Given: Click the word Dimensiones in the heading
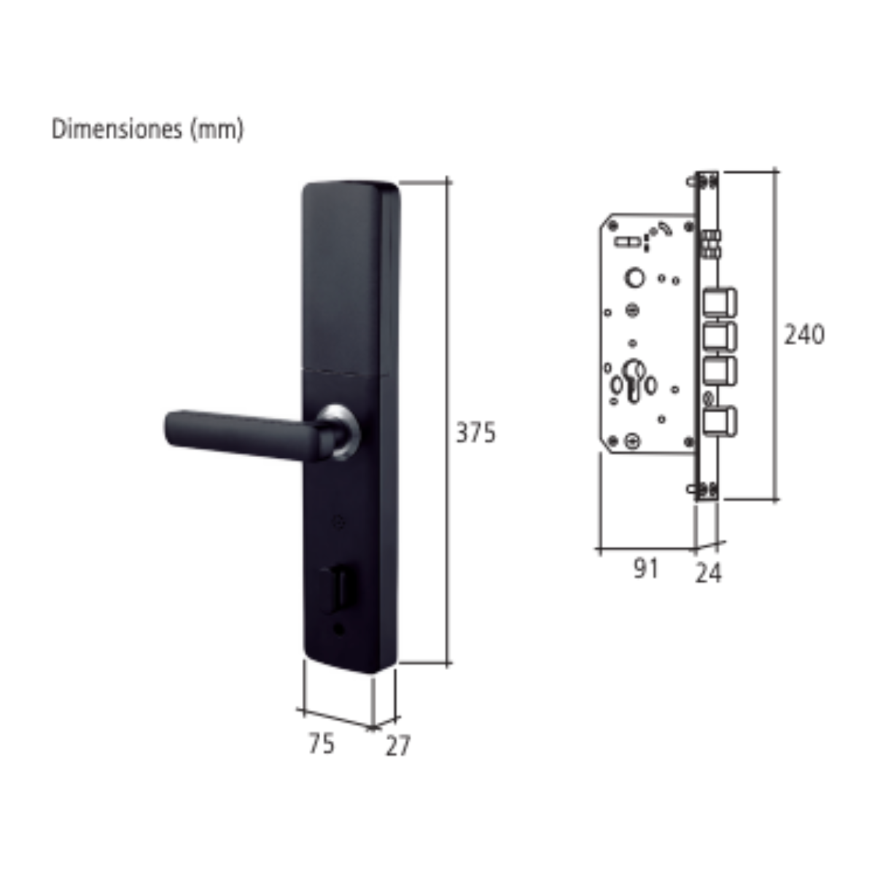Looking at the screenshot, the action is [x=117, y=129].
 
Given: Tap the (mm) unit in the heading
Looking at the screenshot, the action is [x=217, y=131].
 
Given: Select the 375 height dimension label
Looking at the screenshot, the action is [x=475, y=432].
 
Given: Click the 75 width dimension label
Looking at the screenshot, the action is [x=321, y=744].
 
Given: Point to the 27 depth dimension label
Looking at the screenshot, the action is [x=398, y=746].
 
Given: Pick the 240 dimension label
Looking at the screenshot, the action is [x=804, y=335].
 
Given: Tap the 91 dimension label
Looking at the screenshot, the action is [x=646, y=568].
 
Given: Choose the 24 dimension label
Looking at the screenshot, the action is [x=708, y=572].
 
